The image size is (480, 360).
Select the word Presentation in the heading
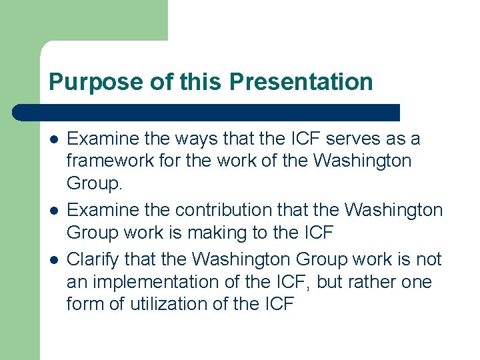[x=301, y=83]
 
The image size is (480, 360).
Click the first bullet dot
[x=53, y=139]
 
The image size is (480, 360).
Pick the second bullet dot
[x=53, y=211]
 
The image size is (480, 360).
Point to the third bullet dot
[x=53, y=259]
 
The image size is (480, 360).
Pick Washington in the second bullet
[x=393, y=211]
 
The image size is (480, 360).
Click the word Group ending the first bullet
[x=92, y=183]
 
